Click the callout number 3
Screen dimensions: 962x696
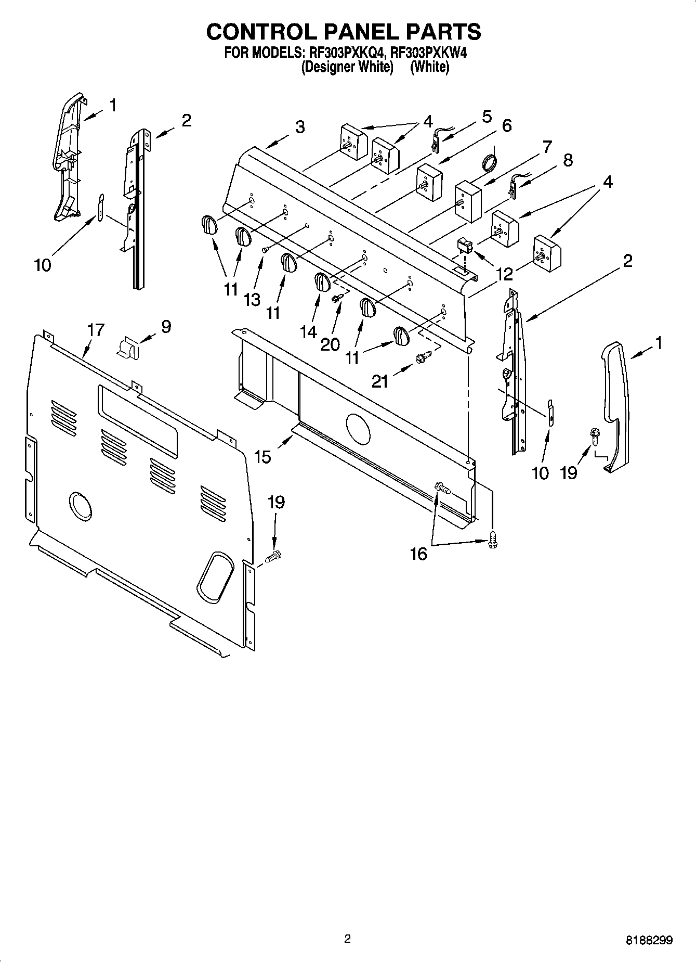[300, 127]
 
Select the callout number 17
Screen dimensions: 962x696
[96, 330]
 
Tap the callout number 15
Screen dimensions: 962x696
[263, 457]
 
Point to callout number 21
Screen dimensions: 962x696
[380, 382]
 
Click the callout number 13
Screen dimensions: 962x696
[252, 300]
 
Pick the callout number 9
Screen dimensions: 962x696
[166, 327]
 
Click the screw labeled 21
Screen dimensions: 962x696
[423, 357]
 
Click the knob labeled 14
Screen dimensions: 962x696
[322, 283]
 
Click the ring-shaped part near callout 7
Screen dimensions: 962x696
[489, 161]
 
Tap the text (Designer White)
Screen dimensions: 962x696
[347, 67]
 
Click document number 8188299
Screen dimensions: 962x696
[649, 940]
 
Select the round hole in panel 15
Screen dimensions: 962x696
[358, 429]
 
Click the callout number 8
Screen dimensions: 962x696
[568, 160]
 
